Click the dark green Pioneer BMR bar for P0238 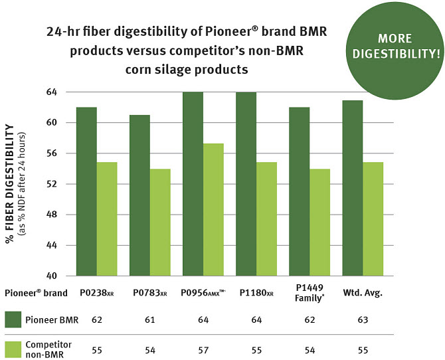86,191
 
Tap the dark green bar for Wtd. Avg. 353,188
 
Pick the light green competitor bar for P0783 160,222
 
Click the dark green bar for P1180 246,184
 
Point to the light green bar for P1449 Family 319,222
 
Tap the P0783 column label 150,293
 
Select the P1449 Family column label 309,293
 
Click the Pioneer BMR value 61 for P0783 150,321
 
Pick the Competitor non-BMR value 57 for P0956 203,349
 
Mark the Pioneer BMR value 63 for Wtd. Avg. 362,321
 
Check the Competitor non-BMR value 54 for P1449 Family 309,349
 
